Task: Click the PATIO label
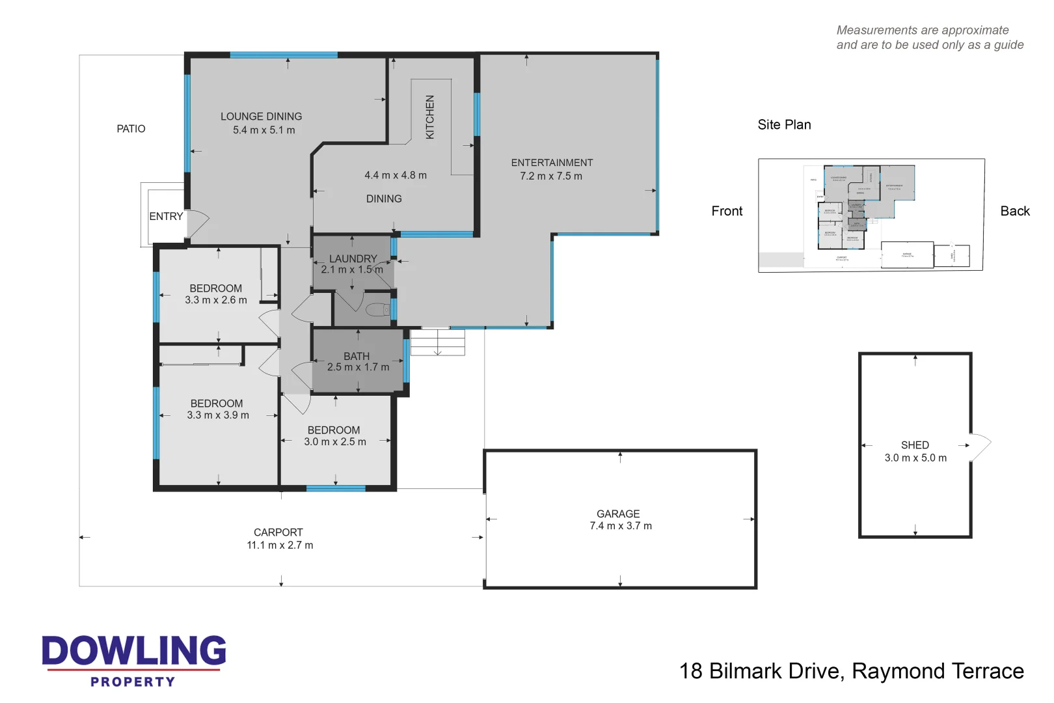[x=131, y=129]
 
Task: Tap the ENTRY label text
[x=166, y=217]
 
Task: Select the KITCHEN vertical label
[x=429, y=117]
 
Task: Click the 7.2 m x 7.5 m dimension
[x=551, y=176]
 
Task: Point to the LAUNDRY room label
[x=353, y=258]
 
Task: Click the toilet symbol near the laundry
[x=378, y=309]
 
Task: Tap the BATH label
[x=357, y=356]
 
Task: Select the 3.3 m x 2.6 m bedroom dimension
[x=216, y=300]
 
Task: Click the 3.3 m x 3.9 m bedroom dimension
[x=218, y=415]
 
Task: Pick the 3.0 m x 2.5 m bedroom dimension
[x=335, y=442]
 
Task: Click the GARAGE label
[x=618, y=514]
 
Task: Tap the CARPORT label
[x=278, y=532]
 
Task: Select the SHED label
[x=915, y=445]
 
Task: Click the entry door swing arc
[x=198, y=223]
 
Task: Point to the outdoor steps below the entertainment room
[x=437, y=342]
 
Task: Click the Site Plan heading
[x=784, y=125]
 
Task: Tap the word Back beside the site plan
[x=1015, y=211]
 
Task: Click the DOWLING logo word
[x=134, y=651]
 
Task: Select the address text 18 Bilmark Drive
[x=761, y=671]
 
